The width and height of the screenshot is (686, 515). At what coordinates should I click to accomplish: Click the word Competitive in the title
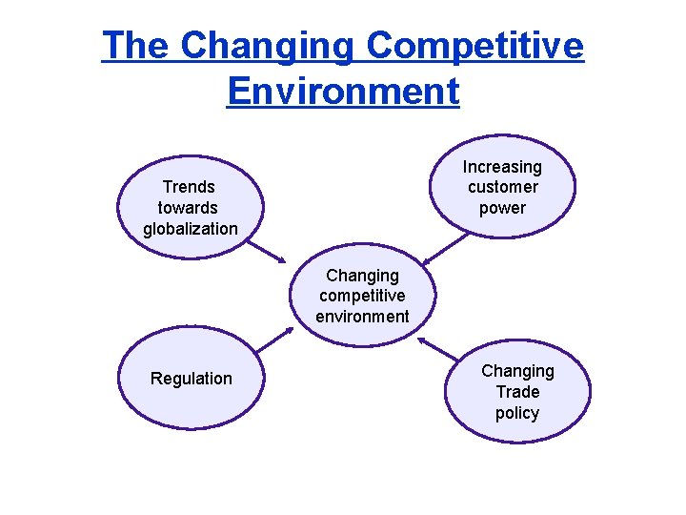pos(474,45)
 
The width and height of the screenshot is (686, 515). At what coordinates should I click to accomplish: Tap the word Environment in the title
pos(343,91)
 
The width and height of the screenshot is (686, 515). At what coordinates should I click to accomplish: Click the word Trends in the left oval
pos(189,187)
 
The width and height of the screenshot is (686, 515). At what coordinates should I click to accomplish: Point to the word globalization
pos(190,229)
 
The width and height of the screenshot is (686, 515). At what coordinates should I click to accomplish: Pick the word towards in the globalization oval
pos(189,208)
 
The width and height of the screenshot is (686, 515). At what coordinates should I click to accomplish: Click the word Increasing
pos(502,167)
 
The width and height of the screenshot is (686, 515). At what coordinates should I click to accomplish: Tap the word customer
pos(502,187)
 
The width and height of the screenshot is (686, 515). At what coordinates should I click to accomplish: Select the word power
pos(502,208)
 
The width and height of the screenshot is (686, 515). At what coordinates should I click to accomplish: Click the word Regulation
pos(191,379)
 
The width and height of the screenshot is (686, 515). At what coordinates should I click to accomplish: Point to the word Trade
pos(517,392)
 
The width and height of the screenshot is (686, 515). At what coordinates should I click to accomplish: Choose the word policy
pos(517,413)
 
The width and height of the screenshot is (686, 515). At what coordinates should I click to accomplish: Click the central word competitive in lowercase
pos(362,296)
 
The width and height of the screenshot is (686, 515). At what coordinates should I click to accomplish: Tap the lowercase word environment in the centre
pos(362,317)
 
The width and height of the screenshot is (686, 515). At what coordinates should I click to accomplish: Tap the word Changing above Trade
pos(517,371)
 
